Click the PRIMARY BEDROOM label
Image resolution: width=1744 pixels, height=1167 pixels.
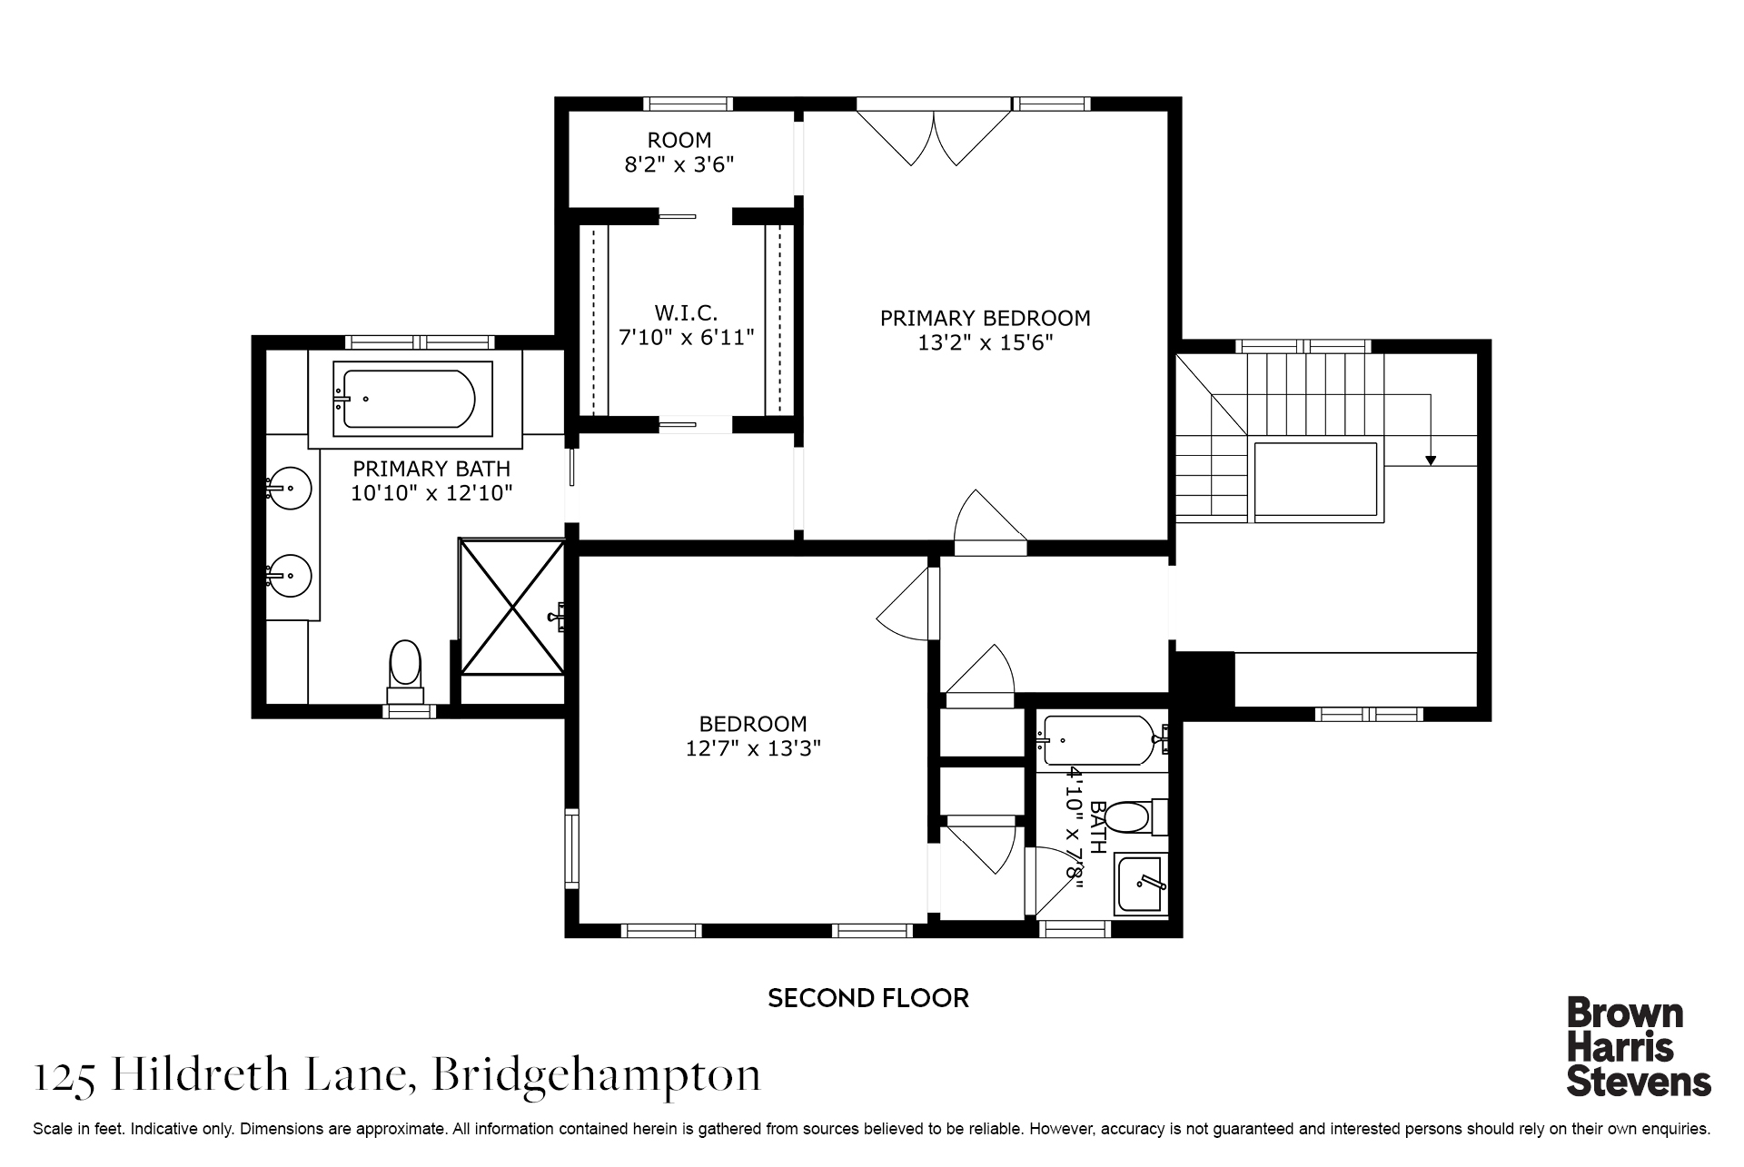[x=985, y=318]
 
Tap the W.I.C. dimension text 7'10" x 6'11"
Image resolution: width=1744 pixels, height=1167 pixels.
[x=686, y=337]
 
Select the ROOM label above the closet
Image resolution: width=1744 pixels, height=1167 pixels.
[x=679, y=140]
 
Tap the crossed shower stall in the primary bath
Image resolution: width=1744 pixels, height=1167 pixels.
[x=510, y=607]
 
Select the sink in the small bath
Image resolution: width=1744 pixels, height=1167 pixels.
[x=1141, y=884]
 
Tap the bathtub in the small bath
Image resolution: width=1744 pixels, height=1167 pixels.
[x=1101, y=740]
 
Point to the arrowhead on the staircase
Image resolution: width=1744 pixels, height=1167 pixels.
[x=1431, y=460]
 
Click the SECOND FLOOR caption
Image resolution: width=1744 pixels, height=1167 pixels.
[x=868, y=998]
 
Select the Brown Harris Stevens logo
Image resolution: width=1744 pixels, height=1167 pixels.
[x=1639, y=1046]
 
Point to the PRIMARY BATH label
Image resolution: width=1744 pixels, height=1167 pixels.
[x=431, y=469]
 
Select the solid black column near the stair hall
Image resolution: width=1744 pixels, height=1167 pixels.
[x=1204, y=679]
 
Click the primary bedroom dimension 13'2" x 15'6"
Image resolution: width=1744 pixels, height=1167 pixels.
[x=985, y=342]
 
